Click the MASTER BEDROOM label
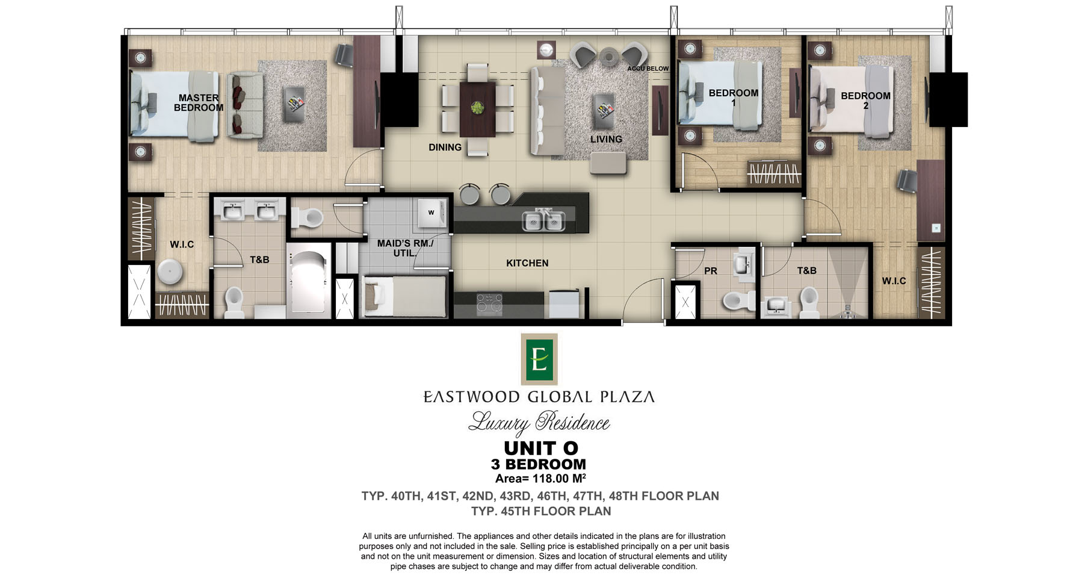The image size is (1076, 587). click(x=199, y=103)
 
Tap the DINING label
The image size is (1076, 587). click(x=445, y=148)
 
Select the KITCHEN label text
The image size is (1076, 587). click(x=527, y=263)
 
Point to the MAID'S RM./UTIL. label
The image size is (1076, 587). click(x=405, y=248)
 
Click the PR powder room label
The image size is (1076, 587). click(x=711, y=271)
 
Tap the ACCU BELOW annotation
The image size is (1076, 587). click(x=648, y=69)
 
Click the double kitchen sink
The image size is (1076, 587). click(x=543, y=221)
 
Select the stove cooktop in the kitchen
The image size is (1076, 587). click(x=489, y=304)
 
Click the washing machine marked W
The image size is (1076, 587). click(x=433, y=213)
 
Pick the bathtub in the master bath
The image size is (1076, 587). click(x=309, y=281)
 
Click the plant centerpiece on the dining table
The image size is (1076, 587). click(x=477, y=108)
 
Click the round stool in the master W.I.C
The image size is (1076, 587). click(x=170, y=272)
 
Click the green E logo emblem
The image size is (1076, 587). click(x=539, y=359)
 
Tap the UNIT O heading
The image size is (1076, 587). click(x=541, y=449)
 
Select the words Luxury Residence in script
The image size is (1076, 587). click(x=539, y=423)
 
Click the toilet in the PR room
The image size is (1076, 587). click(x=739, y=300)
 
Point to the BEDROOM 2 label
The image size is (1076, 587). click(x=865, y=101)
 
